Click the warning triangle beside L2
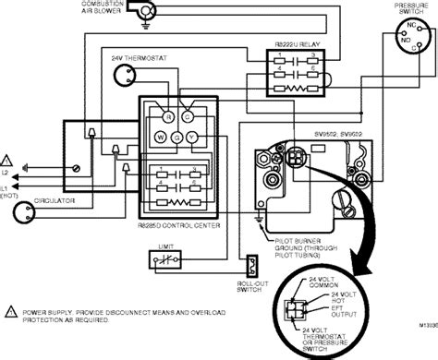coord(7,159)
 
